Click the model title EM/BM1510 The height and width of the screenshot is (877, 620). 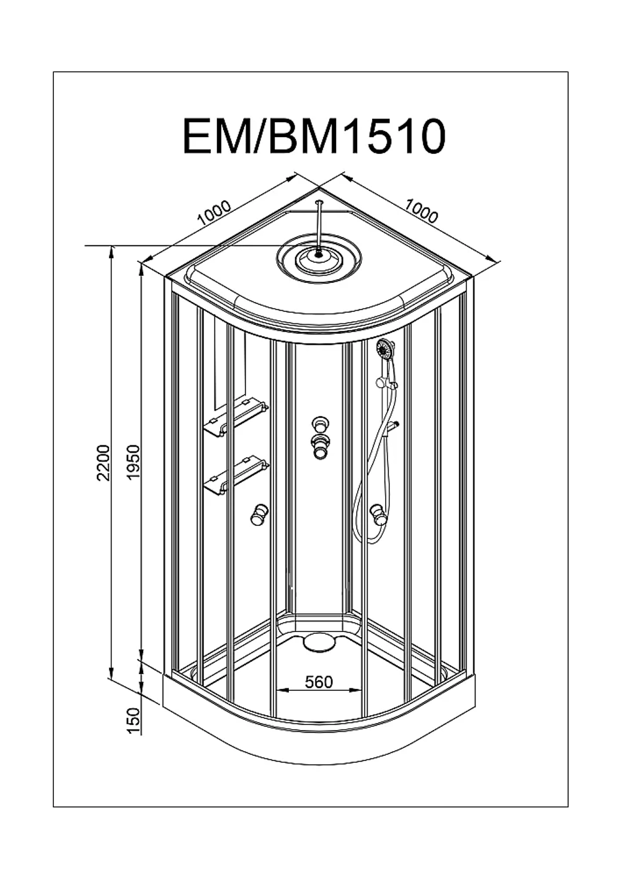314,136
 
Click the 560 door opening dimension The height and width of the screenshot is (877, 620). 319,682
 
